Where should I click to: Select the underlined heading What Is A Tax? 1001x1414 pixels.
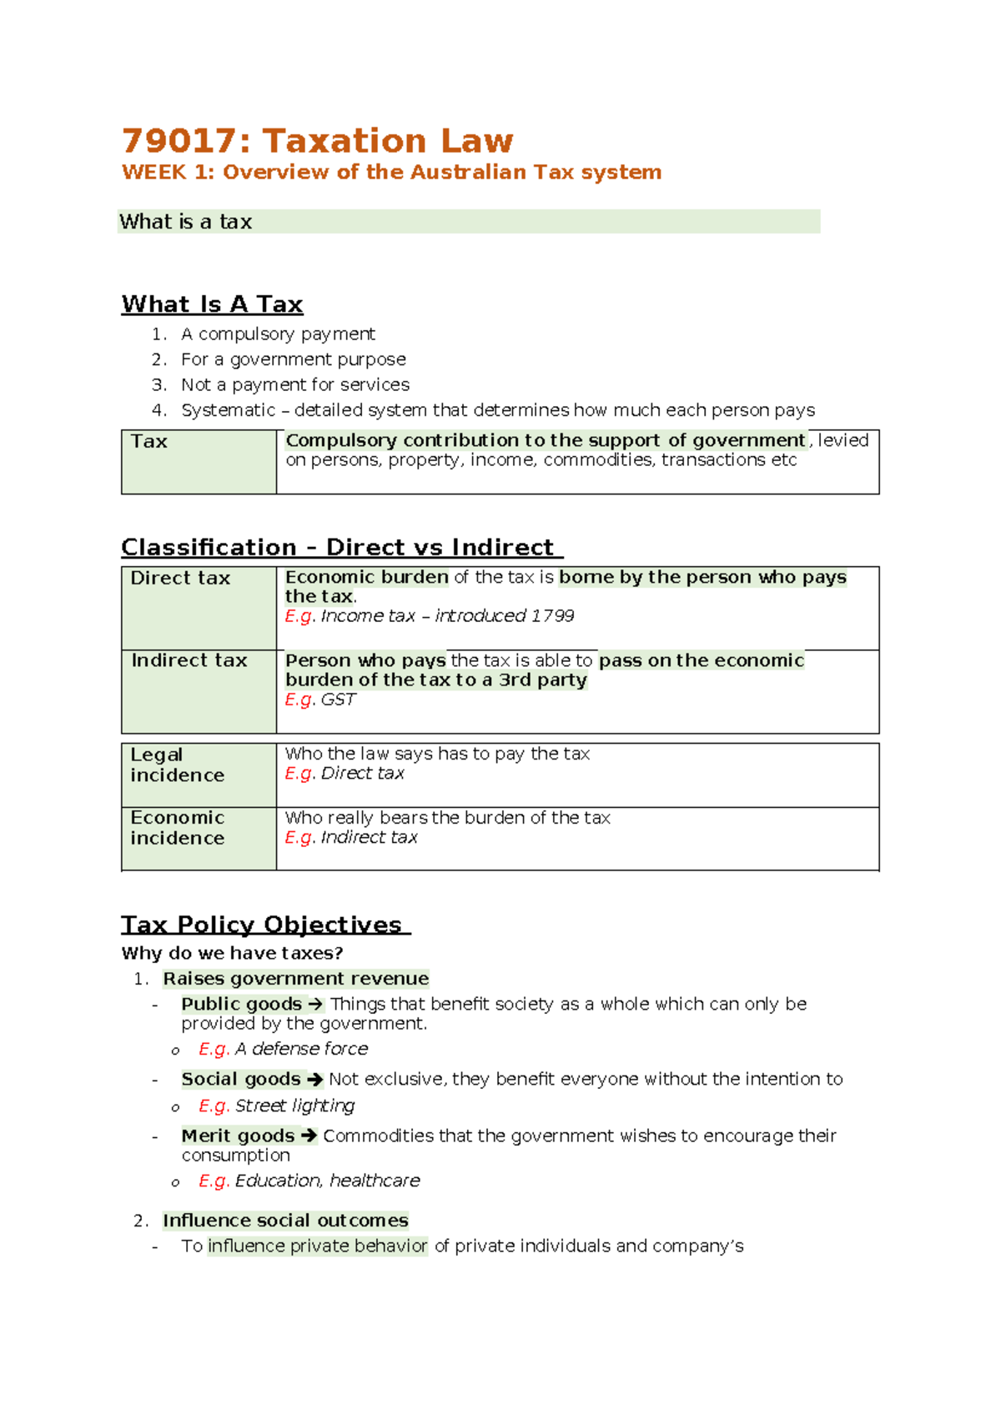(x=212, y=304)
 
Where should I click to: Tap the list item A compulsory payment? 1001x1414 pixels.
(x=278, y=334)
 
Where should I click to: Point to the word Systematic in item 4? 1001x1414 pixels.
(x=228, y=410)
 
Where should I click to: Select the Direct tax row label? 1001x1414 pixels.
(x=180, y=579)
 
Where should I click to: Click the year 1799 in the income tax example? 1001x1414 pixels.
(x=552, y=616)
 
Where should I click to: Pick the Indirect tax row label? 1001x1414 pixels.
(x=189, y=660)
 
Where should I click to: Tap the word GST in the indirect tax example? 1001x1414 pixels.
(x=338, y=699)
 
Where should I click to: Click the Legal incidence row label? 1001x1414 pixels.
(x=177, y=765)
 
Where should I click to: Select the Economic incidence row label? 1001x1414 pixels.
(x=177, y=828)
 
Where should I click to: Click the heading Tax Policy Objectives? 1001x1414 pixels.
(x=262, y=925)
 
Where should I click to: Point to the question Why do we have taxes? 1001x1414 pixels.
(x=232, y=953)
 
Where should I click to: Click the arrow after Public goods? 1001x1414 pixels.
(x=314, y=1005)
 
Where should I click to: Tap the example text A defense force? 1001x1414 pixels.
(x=301, y=1049)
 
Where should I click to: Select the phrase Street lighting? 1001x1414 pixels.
(x=294, y=1106)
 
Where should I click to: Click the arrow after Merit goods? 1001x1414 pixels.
(x=308, y=1136)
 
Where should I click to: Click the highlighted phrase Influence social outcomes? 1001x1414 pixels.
(x=285, y=1221)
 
